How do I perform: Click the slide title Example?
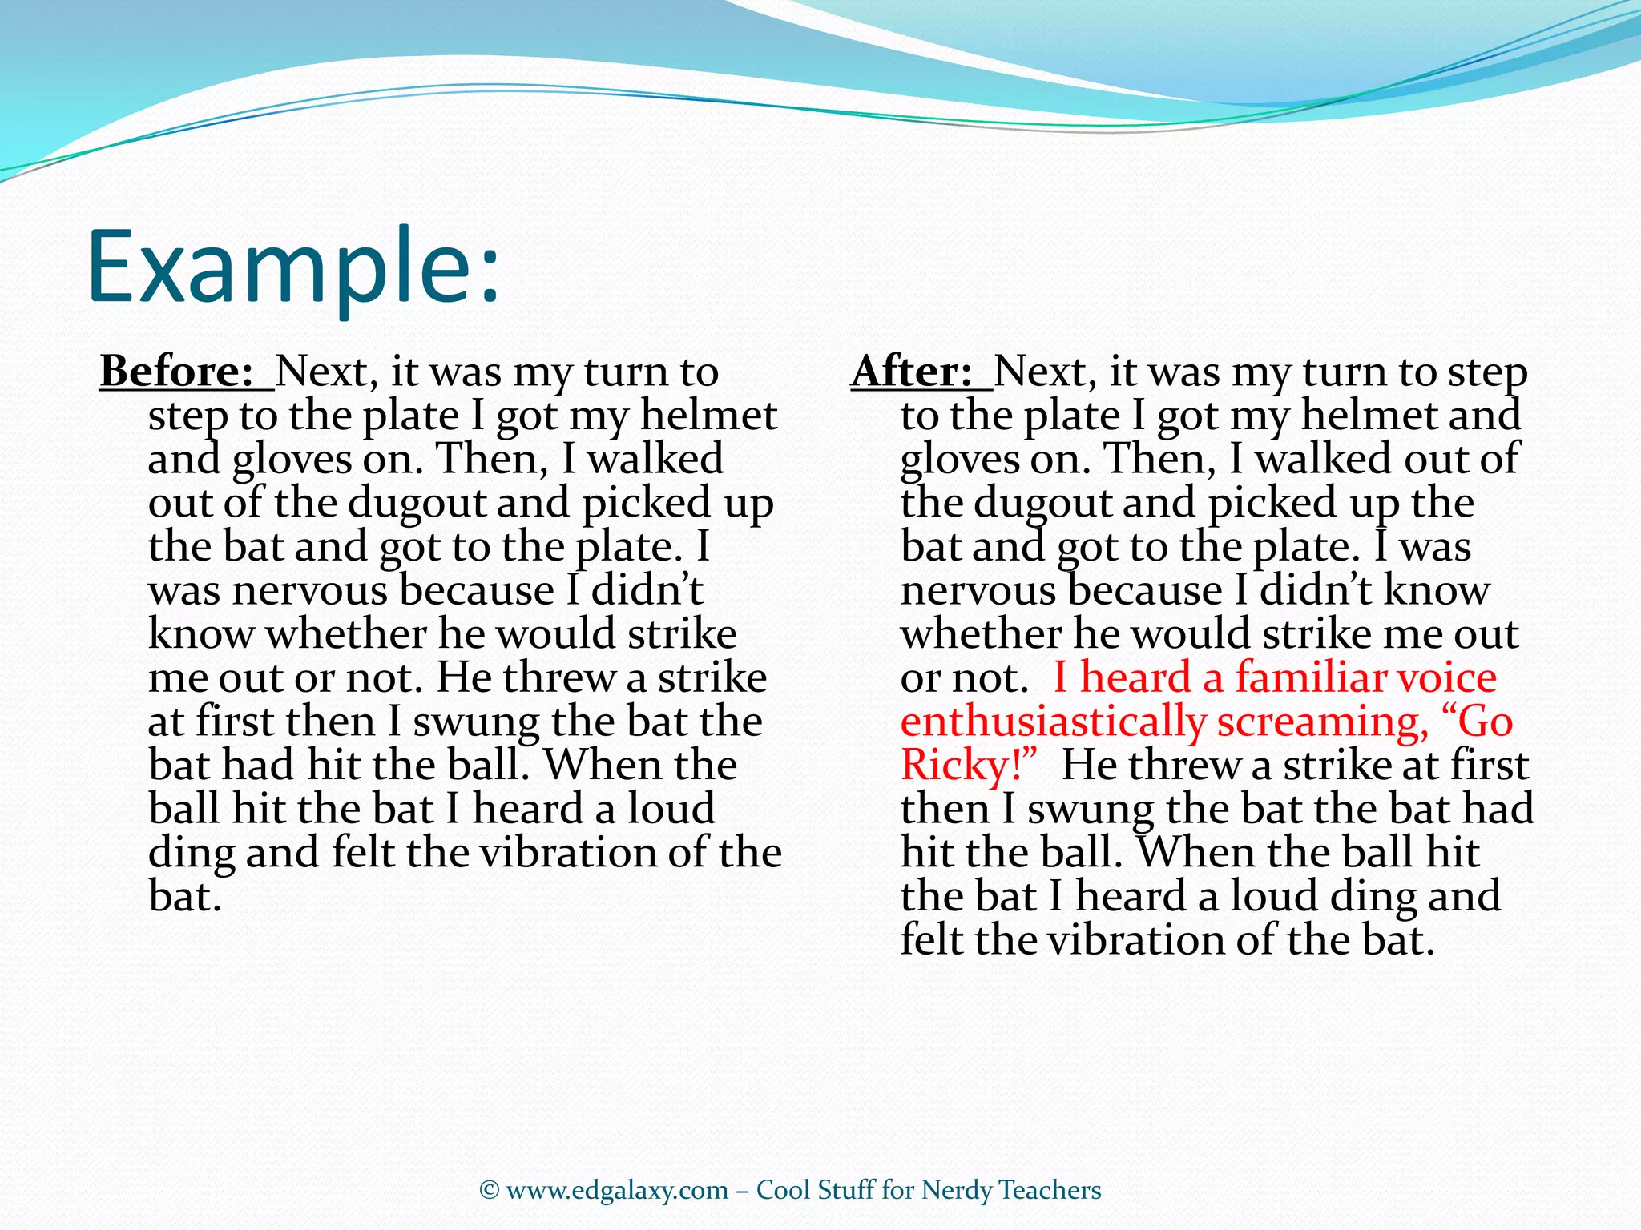293,267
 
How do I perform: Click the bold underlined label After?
912,372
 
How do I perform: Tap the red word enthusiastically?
1053,722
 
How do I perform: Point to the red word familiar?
1309,677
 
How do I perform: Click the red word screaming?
1323,722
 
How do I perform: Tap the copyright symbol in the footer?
490,1191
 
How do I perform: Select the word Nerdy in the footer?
957,1191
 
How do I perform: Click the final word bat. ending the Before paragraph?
184,897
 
